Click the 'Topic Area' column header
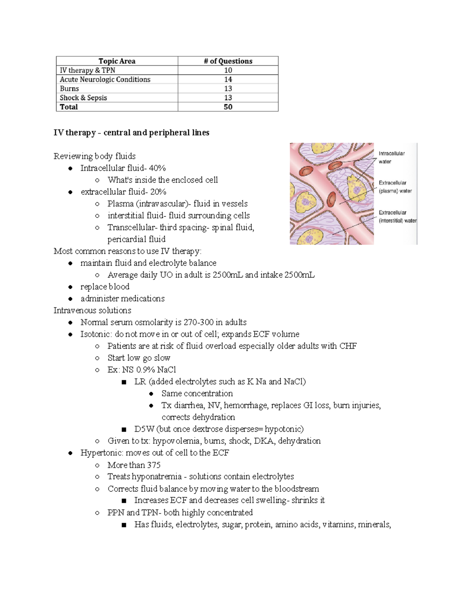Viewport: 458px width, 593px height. pyautogui.click(x=117, y=61)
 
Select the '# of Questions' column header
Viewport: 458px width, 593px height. pyautogui.click(x=228, y=61)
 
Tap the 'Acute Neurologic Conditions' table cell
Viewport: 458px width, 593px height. pyautogui.click(x=105, y=79)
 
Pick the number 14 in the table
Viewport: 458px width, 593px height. pyautogui.click(x=228, y=79)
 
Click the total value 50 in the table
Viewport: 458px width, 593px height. pyautogui.click(x=228, y=107)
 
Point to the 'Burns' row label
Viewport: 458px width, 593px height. pyautogui.click(x=69, y=89)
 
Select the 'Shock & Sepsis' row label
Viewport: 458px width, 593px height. pyautogui.click(x=83, y=98)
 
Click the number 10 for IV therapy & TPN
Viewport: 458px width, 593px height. pyautogui.click(x=228, y=70)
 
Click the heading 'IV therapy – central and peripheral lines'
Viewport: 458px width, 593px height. pyautogui.click(x=131, y=132)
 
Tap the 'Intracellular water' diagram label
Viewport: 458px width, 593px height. pyautogui.click(x=392, y=157)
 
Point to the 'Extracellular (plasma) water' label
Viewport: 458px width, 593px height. pyautogui.click(x=395, y=187)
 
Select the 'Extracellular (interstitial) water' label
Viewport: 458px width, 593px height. pyautogui.click(x=397, y=217)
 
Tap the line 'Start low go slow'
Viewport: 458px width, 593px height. pyautogui.click(x=139, y=358)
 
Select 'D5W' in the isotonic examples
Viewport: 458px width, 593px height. pyautogui.click(x=144, y=429)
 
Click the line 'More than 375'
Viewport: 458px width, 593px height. pyautogui.click(x=134, y=465)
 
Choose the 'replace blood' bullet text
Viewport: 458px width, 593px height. pyautogui.click(x=105, y=287)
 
